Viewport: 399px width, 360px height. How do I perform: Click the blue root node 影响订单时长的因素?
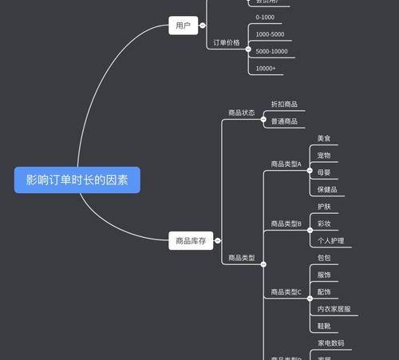pyautogui.click(x=77, y=180)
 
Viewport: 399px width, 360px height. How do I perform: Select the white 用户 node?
pyautogui.click(x=183, y=26)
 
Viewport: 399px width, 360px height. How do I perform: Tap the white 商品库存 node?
pyautogui.click(x=191, y=240)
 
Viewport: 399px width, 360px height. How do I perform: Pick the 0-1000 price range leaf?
pyautogui.click(x=265, y=18)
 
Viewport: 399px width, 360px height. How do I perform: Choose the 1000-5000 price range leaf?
pyautogui.click(x=270, y=34)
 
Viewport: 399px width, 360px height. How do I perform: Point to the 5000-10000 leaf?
pyautogui.click(x=271, y=51)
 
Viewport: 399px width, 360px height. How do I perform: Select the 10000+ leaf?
pyautogui.click(x=266, y=69)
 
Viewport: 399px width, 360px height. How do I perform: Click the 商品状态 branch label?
pyautogui.click(x=241, y=113)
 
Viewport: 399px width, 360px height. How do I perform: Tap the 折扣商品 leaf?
pyautogui.click(x=284, y=105)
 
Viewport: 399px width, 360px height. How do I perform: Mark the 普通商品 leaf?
pyautogui.click(x=284, y=121)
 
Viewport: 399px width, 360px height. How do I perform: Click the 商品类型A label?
pyautogui.click(x=286, y=164)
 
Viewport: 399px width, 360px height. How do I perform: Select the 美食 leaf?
pyautogui.click(x=323, y=138)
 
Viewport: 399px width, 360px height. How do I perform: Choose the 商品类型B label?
pyautogui.click(x=286, y=224)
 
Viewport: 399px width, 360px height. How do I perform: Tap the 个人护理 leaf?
pyautogui.click(x=330, y=240)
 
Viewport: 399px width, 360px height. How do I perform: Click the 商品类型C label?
pyautogui.click(x=286, y=292)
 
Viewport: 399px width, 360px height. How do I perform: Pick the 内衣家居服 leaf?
pyautogui.click(x=334, y=309)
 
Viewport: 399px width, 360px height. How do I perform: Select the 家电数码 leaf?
pyautogui.click(x=330, y=343)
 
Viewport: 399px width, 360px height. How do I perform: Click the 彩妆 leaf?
pyautogui.click(x=324, y=224)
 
